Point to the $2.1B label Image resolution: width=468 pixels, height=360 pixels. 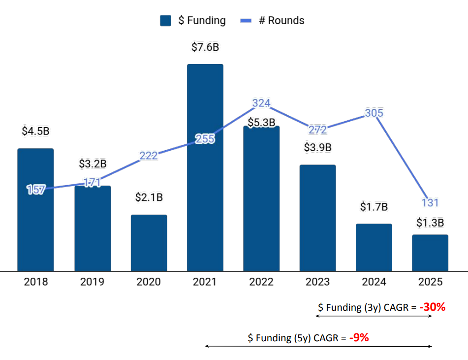(x=149, y=197)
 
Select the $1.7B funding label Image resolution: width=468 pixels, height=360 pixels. (x=374, y=206)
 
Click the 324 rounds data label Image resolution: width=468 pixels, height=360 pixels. (x=261, y=103)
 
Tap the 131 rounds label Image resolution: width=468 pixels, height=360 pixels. (x=430, y=202)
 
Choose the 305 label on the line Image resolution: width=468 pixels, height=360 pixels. (x=374, y=113)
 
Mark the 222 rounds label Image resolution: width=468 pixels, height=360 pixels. (x=149, y=156)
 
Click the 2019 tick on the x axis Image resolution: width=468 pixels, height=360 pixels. (x=92, y=282)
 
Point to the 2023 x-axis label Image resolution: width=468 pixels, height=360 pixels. (x=317, y=282)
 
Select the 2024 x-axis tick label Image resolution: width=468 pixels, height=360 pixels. (x=374, y=282)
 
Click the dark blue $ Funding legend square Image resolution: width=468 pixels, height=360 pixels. (x=166, y=21)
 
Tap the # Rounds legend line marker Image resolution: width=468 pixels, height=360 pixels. (x=246, y=21)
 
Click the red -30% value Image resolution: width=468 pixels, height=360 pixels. (x=432, y=307)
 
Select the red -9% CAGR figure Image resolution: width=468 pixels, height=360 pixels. (x=359, y=338)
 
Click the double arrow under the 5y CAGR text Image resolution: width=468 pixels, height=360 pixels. (x=318, y=347)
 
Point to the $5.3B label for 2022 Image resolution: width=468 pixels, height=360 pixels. (x=261, y=122)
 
